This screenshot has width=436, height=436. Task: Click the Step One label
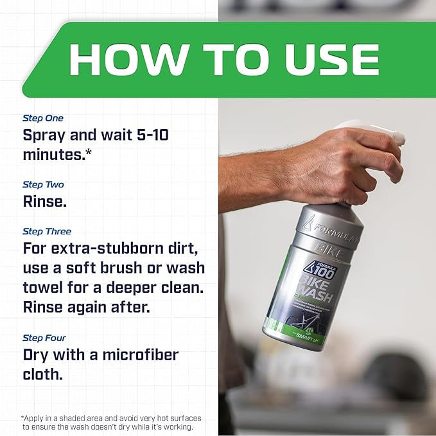point(43,118)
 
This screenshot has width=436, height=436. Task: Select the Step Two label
point(43,184)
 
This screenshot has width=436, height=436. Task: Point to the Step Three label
point(47,231)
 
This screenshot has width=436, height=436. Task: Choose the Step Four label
point(44,338)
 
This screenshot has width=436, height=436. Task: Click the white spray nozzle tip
point(399,137)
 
